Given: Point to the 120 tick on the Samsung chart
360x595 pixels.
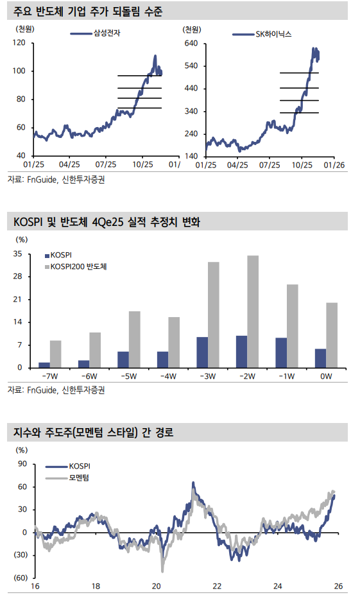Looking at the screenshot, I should point(19,42).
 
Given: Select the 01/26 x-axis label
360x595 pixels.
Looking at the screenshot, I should point(336,165).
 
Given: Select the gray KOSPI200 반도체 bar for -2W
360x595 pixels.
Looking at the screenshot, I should point(253,311).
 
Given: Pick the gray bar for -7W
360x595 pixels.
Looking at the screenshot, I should point(56,354).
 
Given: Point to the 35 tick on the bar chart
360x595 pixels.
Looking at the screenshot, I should point(17,254).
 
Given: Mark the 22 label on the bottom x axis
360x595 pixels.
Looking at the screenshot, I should point(217,587).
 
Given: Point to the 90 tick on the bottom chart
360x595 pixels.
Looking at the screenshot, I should point(22,463).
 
